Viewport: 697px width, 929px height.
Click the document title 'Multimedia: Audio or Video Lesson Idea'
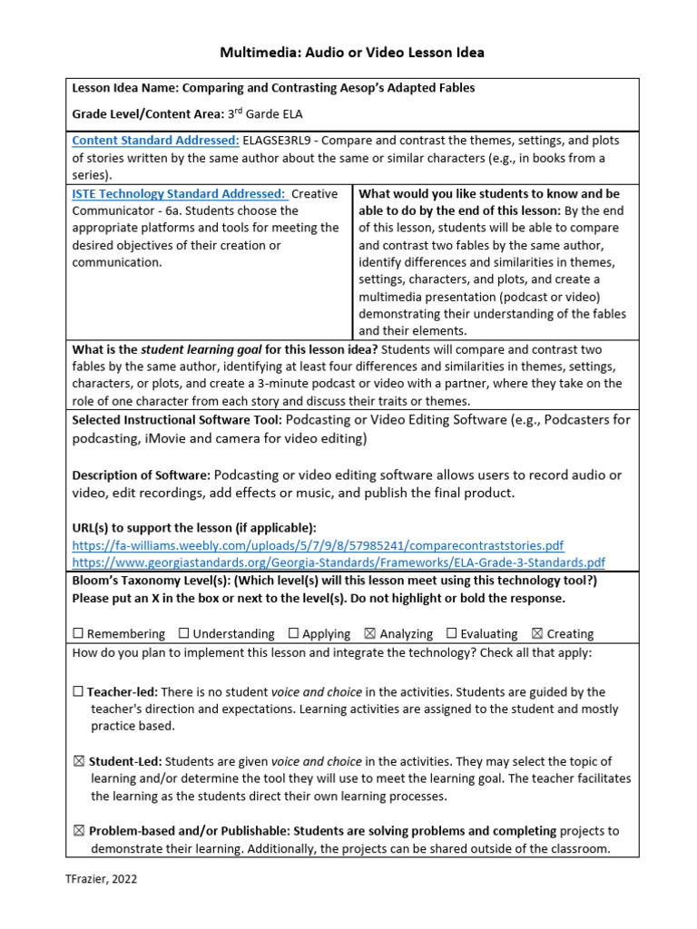352,53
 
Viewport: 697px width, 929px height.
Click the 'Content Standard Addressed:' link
155,141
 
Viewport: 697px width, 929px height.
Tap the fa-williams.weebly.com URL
318,545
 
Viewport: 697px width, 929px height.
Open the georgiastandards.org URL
339,562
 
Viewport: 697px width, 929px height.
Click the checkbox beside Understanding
183,633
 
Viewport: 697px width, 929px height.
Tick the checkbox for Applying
293,633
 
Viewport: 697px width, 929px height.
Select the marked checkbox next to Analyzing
368,633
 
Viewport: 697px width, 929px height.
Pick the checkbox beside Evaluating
451,633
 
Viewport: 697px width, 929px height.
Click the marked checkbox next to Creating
537,633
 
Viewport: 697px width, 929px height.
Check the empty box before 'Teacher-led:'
77,691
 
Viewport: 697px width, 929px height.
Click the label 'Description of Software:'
141,475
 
